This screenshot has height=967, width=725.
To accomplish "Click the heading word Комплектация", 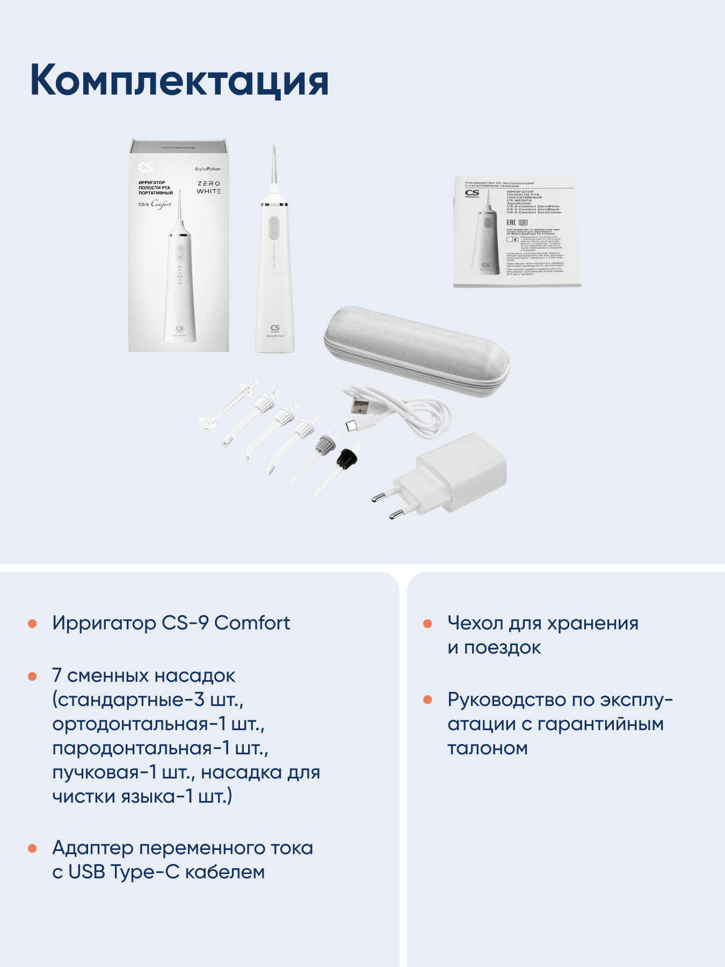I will (x=179, y=81).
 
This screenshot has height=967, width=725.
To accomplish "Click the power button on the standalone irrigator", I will (x=274, y=221).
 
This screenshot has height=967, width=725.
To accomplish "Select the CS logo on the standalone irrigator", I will (x=275, y=328).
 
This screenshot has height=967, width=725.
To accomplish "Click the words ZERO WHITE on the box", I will (x=208, y=187).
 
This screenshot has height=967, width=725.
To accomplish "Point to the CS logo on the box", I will (x=146, y=167).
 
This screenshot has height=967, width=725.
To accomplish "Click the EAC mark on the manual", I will (x=511, y=222).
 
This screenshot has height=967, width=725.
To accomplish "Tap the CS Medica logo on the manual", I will (x=472, y=193).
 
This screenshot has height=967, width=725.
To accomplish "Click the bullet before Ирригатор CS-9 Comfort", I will (x=32, y=624).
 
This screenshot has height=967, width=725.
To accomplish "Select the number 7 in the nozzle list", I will (x=56, y=676).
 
